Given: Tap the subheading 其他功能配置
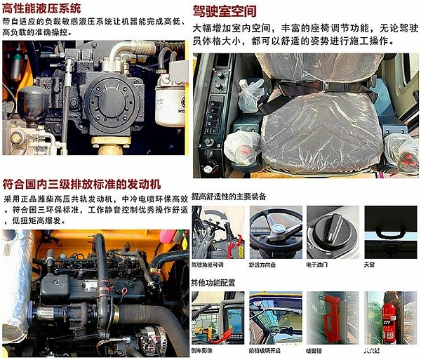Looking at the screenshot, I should (213, 283).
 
